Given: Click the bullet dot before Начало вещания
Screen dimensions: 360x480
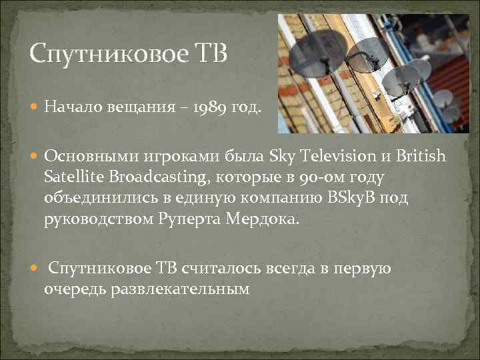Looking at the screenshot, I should [35, 106].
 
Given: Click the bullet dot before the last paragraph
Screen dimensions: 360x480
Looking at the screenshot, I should [35, 268].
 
